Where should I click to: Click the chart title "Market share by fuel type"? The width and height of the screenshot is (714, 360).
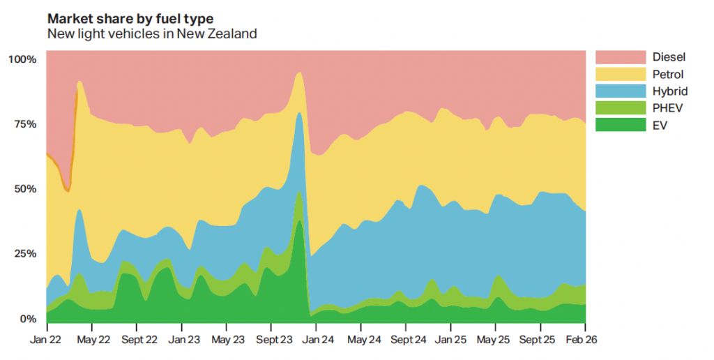point(130,19)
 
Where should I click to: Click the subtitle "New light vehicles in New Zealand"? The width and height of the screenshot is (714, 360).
point(152,33)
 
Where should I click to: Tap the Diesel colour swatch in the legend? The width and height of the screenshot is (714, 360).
point(621,57)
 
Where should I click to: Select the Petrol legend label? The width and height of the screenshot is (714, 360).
point(668,74)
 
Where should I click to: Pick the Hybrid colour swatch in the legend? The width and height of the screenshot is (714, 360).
point(621,91)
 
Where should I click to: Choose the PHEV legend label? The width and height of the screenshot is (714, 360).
point(667,108)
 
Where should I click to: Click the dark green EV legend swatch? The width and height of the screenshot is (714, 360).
point(621,124)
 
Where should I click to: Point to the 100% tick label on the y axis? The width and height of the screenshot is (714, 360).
point(22,59)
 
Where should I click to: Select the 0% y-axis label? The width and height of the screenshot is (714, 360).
point(28,319)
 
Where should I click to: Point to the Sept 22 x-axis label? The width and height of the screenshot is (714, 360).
point(139,340)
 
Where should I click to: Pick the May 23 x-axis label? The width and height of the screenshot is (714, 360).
point(228,340)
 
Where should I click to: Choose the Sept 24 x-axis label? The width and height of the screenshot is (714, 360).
point(408,340)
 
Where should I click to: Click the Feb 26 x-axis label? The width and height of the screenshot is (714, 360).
point(582,340)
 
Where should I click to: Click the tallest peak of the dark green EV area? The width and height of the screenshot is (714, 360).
point(299,221)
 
